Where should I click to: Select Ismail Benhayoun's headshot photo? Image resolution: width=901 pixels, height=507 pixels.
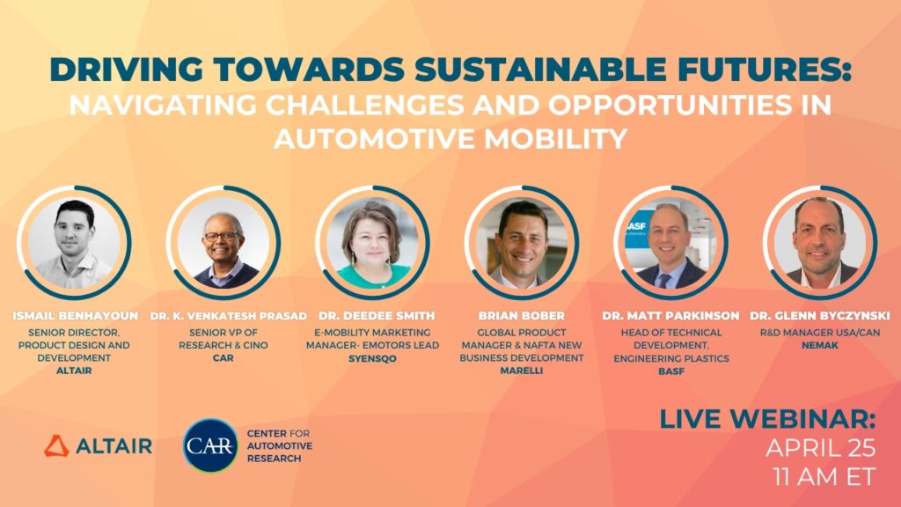coord(75,242)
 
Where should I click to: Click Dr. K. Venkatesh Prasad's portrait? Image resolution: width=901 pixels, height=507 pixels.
coord(224,242)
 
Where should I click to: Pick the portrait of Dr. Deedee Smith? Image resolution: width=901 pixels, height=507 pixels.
coord(373,242)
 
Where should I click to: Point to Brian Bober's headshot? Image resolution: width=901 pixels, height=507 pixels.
coord(522,242)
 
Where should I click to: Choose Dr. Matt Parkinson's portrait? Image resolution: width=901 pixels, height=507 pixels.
coord(671,242)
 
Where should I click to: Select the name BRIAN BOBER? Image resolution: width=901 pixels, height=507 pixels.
coord(523,315)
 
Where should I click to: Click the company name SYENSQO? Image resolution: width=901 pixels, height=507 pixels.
coord(373,358)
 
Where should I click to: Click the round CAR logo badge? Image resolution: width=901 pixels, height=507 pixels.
coord(210,445)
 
